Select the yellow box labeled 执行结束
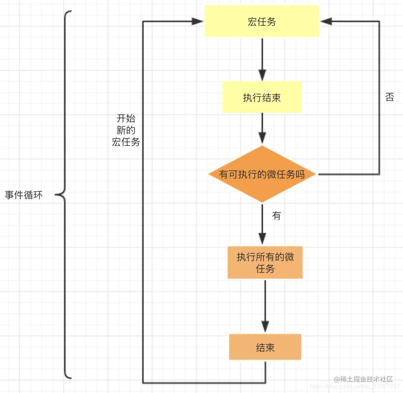262,97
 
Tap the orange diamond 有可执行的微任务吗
262,174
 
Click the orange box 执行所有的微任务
265,262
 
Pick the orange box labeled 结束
265,347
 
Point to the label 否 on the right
389,97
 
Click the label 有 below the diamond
276,216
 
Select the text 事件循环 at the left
24,195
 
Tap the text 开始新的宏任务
126,130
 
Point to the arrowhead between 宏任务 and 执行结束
262,75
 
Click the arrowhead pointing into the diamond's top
262,139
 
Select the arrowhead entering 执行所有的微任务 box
262,239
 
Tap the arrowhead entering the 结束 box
265,327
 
